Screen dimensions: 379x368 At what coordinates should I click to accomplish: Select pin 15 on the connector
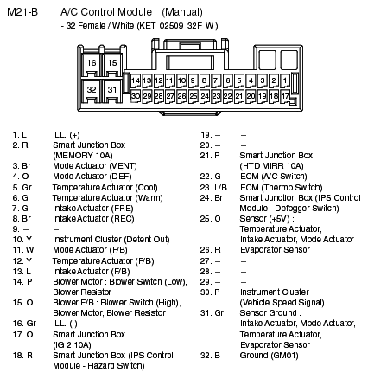point(111,64)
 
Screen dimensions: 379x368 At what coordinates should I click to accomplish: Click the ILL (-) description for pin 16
point(65,322)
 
